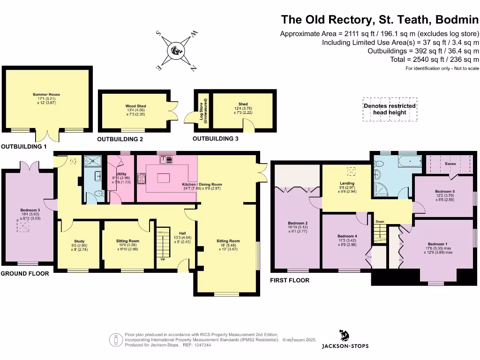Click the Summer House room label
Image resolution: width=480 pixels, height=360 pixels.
[46, 94]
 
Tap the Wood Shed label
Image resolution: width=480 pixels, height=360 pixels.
[133, 106]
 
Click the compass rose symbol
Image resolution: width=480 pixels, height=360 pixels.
[177, 51]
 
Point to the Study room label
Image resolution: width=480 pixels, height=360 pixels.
[79, 241]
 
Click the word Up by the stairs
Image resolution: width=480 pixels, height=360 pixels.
[163, 259]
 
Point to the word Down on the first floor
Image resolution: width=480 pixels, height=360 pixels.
[380, 222]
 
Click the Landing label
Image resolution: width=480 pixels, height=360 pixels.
[347, 183]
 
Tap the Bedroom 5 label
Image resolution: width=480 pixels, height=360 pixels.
[444, 192]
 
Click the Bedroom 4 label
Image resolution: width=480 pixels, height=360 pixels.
[347, 236]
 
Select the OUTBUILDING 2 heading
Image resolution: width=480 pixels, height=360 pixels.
[120, 139]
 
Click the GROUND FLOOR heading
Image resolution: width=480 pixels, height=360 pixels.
[25, 273]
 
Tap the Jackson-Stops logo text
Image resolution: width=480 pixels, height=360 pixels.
[345, 346]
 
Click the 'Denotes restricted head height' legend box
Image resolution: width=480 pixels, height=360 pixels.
[390, 110]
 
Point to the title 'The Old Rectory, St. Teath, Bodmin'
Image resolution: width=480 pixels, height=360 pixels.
[380, 20]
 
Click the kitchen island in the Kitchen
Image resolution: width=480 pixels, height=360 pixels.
[163, 178]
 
